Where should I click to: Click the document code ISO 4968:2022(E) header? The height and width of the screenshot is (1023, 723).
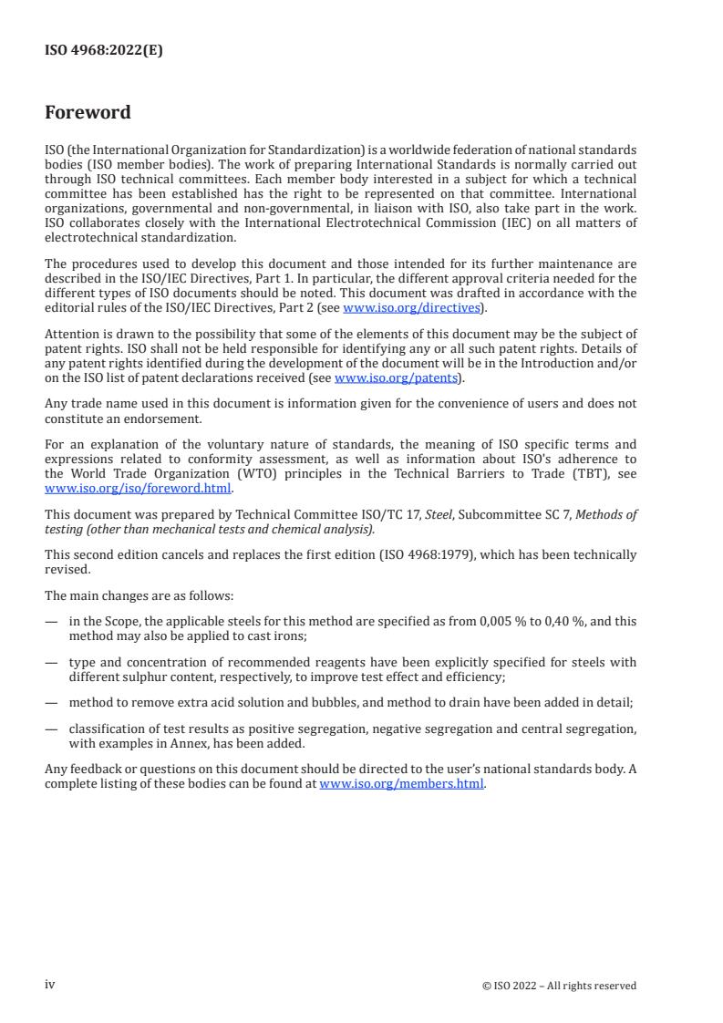(104, 51)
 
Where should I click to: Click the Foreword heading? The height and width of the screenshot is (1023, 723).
(88, 113)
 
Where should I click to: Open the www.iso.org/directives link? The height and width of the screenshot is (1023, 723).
(411, 307)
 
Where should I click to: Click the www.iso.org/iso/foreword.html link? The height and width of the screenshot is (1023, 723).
(138, 487)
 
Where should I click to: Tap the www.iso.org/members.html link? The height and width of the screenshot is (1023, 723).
(401, 782)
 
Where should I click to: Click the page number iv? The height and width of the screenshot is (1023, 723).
(50, 985)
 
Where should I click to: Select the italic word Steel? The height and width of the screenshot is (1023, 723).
(439, 515)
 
